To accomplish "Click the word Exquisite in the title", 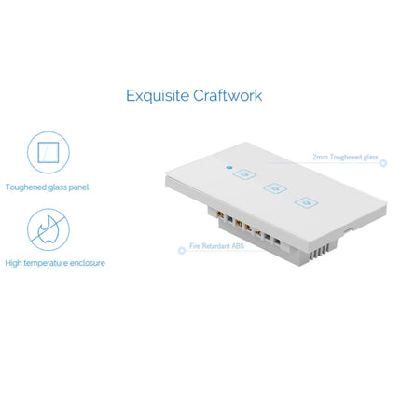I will coord(156,95).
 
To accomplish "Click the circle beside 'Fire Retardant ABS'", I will coord(181,249).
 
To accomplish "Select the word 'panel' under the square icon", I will coord(80,187).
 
